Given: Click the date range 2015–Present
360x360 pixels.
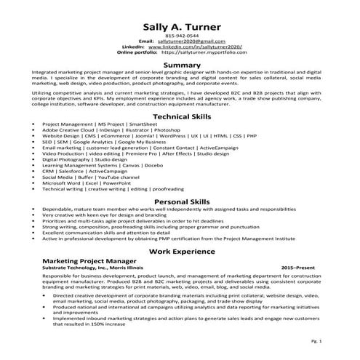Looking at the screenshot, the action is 299,266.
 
